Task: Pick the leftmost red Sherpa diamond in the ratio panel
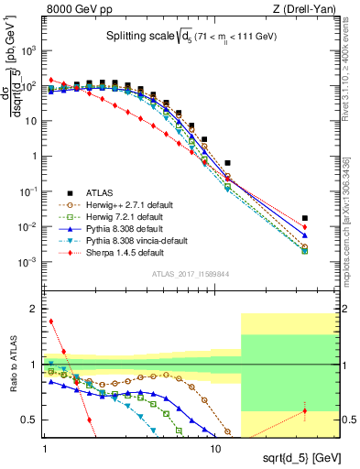click(51, 322)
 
